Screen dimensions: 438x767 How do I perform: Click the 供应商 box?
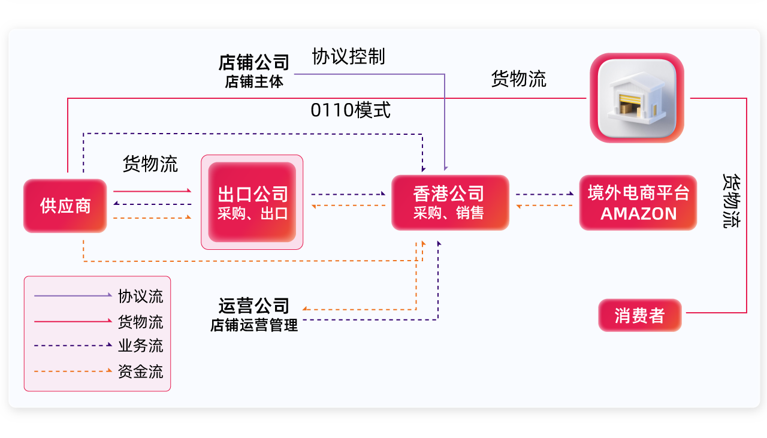65,206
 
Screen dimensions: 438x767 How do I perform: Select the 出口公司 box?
252,202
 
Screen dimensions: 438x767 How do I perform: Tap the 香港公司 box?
450,202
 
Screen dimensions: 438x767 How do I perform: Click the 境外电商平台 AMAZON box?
638,203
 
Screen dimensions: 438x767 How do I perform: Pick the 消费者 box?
640,315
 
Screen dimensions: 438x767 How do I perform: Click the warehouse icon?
637,98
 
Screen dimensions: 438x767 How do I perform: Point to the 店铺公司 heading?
254,62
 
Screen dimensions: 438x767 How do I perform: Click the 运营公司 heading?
254,306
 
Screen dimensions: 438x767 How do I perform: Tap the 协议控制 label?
348,57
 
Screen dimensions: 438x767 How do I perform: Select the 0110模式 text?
351,110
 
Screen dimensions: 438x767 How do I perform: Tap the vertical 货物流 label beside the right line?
732,201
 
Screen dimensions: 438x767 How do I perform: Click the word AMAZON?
638,214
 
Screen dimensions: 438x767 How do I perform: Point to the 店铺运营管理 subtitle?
254,325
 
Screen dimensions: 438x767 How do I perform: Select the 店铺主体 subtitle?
254,81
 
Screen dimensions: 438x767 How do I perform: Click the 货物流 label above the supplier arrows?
150,164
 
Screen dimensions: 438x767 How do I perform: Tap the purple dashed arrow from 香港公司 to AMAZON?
544,194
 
